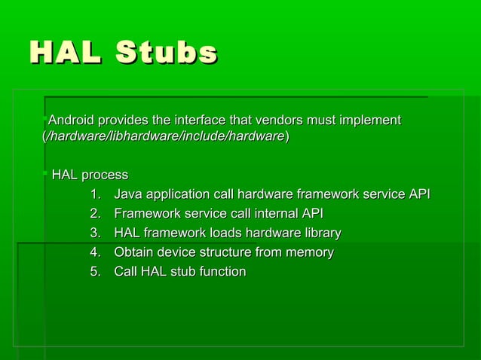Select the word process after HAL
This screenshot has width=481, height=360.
[105, 175]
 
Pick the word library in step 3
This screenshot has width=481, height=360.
[320, 233]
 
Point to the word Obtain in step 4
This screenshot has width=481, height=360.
[133, 252]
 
